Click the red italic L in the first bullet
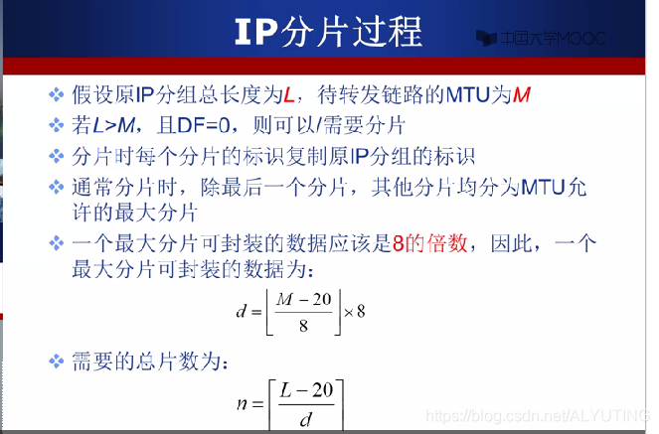289,96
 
